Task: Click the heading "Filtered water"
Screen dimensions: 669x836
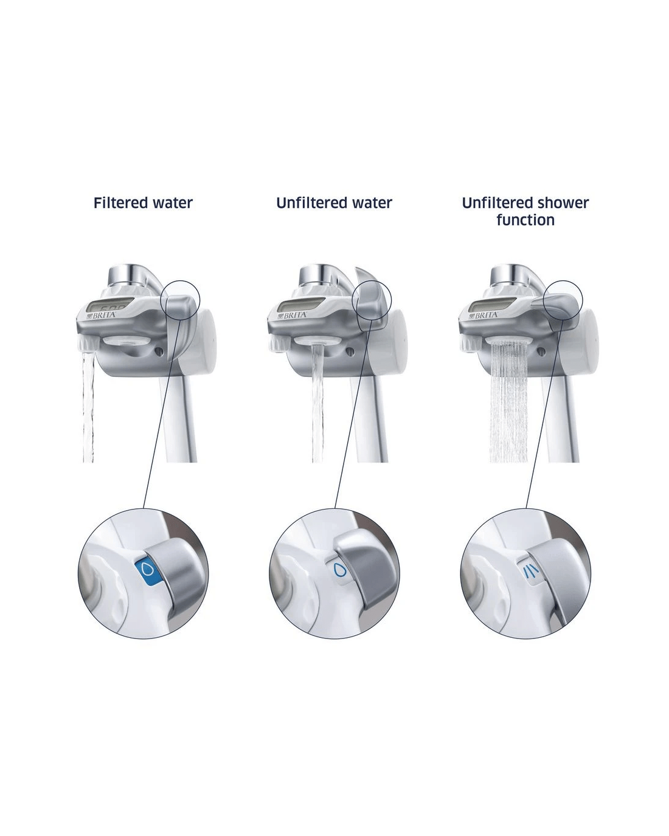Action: pos(143,203)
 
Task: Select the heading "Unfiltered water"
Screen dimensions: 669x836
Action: pos(334,203)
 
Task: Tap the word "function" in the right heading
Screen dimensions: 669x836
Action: pos(525,220)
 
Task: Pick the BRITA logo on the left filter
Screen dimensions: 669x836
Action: pos(102,315)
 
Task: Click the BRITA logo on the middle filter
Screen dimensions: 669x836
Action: pos(293,315)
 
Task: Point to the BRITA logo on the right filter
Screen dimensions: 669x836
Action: pos(484,315)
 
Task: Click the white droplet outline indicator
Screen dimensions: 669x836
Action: pos(341,570)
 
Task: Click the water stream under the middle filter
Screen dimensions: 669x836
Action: pos(317,403)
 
